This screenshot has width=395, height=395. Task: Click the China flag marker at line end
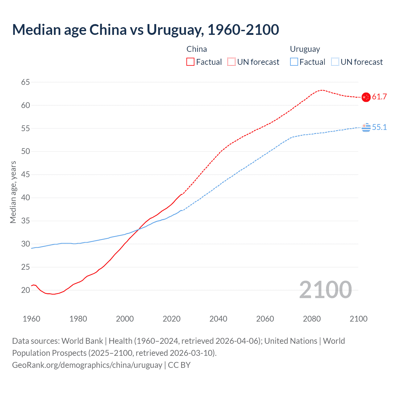pyautogui.click(x=366, y=97)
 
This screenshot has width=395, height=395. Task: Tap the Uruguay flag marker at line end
pyautogui.click(x=366, y=127)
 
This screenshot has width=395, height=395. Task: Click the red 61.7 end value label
pyautogui.click(x=379, y=97)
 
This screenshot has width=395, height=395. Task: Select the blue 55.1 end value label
pyautogui.click(x=379, y=127)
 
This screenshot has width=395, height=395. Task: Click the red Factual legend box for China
pyautogui.click(x=190, y=62)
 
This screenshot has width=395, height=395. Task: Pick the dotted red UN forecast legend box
pyautogui.click(x=231, y=62)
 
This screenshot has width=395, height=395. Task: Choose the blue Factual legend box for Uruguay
pyautogui.click(x=294, y=62)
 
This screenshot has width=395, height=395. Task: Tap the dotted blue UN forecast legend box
pyautogui.click(x=335, y=62)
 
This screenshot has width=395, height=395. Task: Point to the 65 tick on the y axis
pyautogui.click(x=26, y=82)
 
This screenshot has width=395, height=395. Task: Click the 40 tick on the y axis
pyautogui.click(x=26, y=197)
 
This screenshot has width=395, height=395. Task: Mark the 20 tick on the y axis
pyautogui.click(x=26, y=290)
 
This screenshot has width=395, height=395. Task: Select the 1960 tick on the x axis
pyautogui.click(x=31, y=319)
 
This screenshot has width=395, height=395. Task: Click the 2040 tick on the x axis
pyautogui.click(x=218, y=319)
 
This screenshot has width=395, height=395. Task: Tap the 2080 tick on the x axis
pyautogui.click(x=312, y=319)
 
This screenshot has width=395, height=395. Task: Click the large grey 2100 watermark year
pyautogui.click(x=325, y=289)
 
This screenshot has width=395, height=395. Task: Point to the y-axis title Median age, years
pyautogui.click(x=13, y=192)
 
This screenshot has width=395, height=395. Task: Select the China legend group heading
pyautogui.click(x=197, y=49)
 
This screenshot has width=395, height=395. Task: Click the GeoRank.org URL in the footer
pyautogui.click(x=87, y=365)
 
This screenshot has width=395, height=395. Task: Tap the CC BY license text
pyautogui.click(x=179, y=365)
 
